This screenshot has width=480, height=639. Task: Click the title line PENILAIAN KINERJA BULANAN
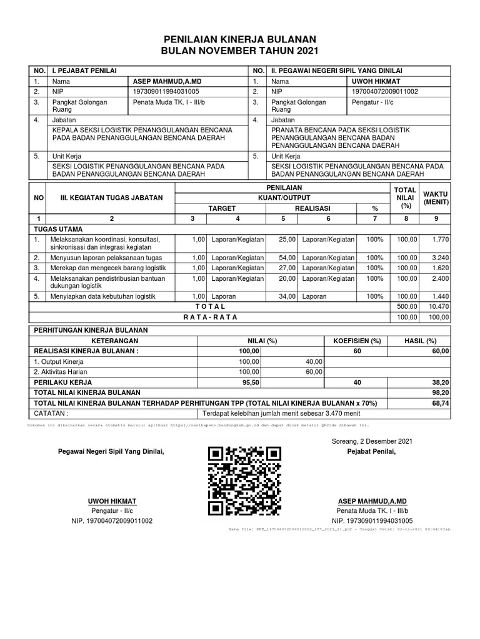[240, 39]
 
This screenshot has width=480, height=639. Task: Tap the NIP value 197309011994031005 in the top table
[163, 92]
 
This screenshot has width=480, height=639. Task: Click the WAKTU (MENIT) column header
[435, 197]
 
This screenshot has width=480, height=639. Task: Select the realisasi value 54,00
[287, 257]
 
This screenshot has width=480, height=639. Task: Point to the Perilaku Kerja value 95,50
[250, 381]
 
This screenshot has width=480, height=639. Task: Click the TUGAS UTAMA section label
[59, 229]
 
